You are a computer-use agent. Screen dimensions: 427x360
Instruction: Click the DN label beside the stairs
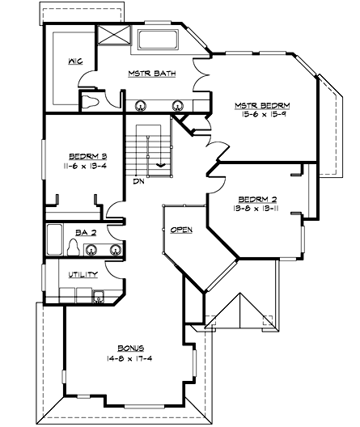(x=138, y=181)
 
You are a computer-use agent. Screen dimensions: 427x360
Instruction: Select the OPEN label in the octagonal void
(x=181, y=230)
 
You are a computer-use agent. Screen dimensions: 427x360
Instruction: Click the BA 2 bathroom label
(x=85, y=232)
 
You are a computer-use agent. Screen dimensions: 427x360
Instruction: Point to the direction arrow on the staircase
(x=161, y=164)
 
